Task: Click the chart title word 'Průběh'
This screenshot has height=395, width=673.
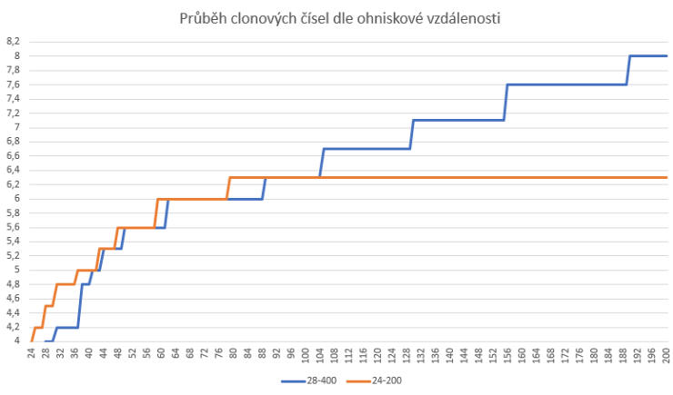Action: tap(204, 17)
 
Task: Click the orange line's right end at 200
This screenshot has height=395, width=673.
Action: tap(667, 177)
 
